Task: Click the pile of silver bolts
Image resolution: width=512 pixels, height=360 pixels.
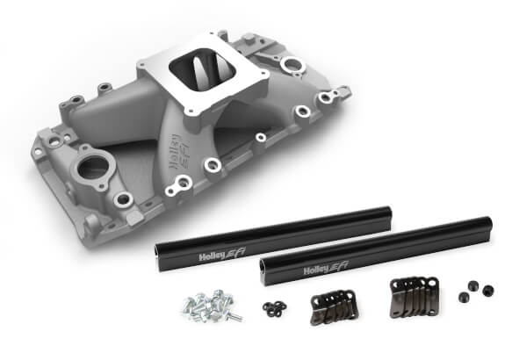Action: tap(206, 306)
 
